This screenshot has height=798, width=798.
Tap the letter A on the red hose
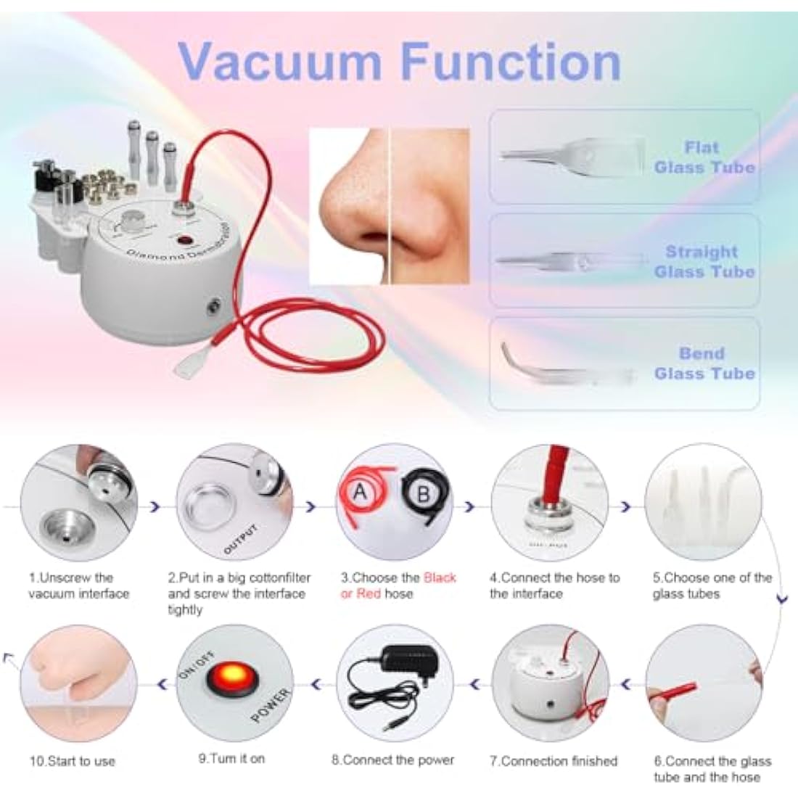point(360,493)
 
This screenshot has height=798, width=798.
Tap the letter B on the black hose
point(424,495)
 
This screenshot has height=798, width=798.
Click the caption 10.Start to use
point(72,761)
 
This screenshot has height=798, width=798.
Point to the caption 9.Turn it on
point(231,758)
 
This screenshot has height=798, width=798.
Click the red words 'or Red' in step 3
point(362,594)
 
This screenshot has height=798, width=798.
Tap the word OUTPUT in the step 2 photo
point(240,539)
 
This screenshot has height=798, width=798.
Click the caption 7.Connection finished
point(553,761)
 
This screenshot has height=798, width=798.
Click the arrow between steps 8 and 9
point(316,682)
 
